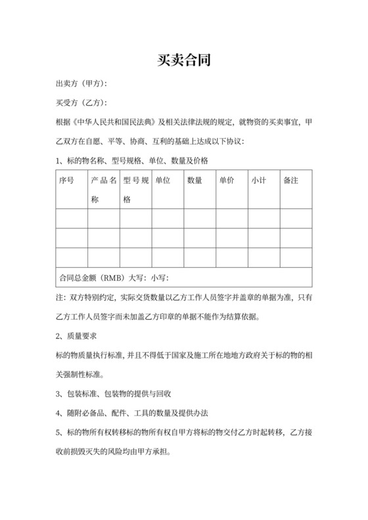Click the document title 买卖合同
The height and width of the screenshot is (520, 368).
coord(184,60)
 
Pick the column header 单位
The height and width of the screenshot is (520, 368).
coord(163,180)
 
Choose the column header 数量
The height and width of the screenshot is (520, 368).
coord(195,180)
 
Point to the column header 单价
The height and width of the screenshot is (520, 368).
coord(227,180)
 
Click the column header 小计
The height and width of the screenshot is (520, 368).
coord(258,180)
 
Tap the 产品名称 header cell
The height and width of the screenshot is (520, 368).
coord(103,189)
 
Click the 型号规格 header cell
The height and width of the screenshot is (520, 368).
coord(135,189)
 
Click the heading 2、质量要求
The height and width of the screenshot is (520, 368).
coord(77,336)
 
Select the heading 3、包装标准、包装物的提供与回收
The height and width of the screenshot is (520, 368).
coord(114,394)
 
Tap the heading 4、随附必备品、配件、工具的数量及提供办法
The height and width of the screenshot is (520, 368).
coord(132,414)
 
